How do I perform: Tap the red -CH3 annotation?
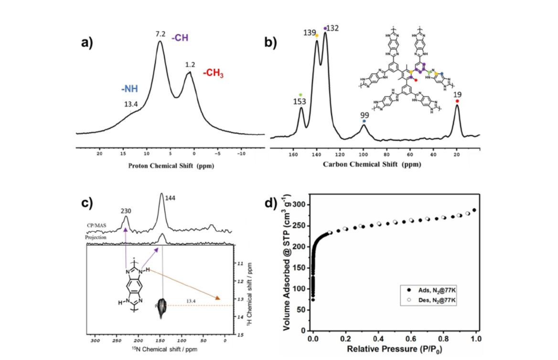(213, 74)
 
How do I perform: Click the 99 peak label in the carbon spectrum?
(364, 115)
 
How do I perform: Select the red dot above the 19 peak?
(457, 101)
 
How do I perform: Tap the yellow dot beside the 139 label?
(317, 35)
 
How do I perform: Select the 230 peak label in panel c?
(126, 211)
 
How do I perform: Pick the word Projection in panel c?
(97, 237)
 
